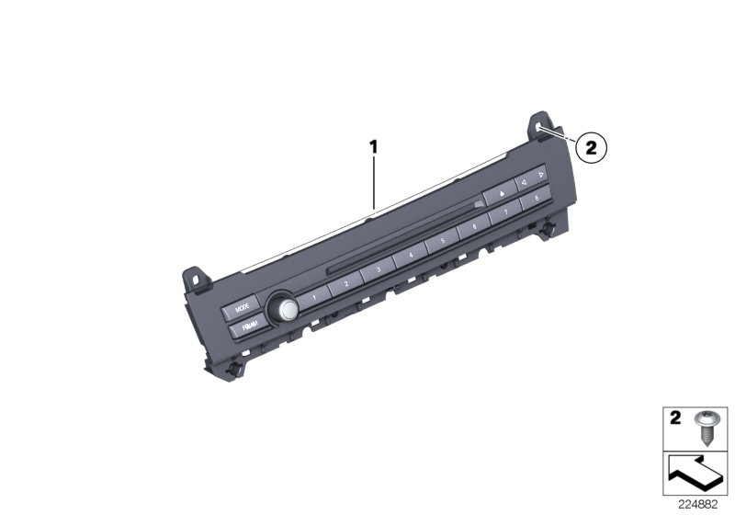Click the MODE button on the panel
(x=242, y=309)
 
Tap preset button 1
(x=312, y=298)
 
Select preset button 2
(x=346, y=284)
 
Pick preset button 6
(x=474, y=226)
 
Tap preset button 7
(x=505, y=212)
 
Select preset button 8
(x=534, y=199)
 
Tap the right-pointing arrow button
(x=541, y=174)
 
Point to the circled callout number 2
(x=592, y=145)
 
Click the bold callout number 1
(x=374, y=145)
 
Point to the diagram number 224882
(x=699, y=505)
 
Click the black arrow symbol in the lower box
(x=696, y=473)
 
